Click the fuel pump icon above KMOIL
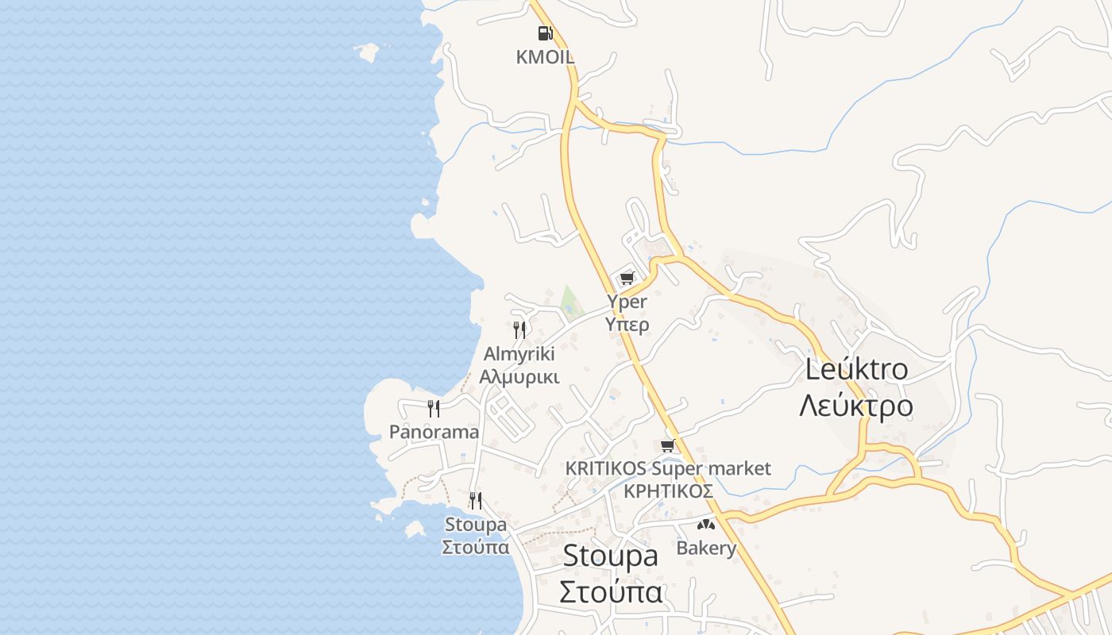tap(545, 33)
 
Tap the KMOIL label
tap(545, 57)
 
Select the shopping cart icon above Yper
tap(627, 278)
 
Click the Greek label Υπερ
tap(627, 324)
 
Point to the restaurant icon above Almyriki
tap(519, 329)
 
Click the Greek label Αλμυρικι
tap(519, 376)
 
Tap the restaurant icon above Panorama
tap(434, 409)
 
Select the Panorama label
tap(434, 432)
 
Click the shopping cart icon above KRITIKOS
tap(668, 445)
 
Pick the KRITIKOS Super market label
tap(668, 468)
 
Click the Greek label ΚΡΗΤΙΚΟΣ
tap(668, 491)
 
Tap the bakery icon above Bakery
tap(706, 525)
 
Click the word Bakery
tap(706, 548)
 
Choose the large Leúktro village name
tap(856, 369)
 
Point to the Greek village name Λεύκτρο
tap(856, 406)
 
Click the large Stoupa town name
tap(610, 556)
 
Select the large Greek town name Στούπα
tap(610, 592)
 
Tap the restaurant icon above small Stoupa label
tap(476, 501)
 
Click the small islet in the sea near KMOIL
tap(367, 52)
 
